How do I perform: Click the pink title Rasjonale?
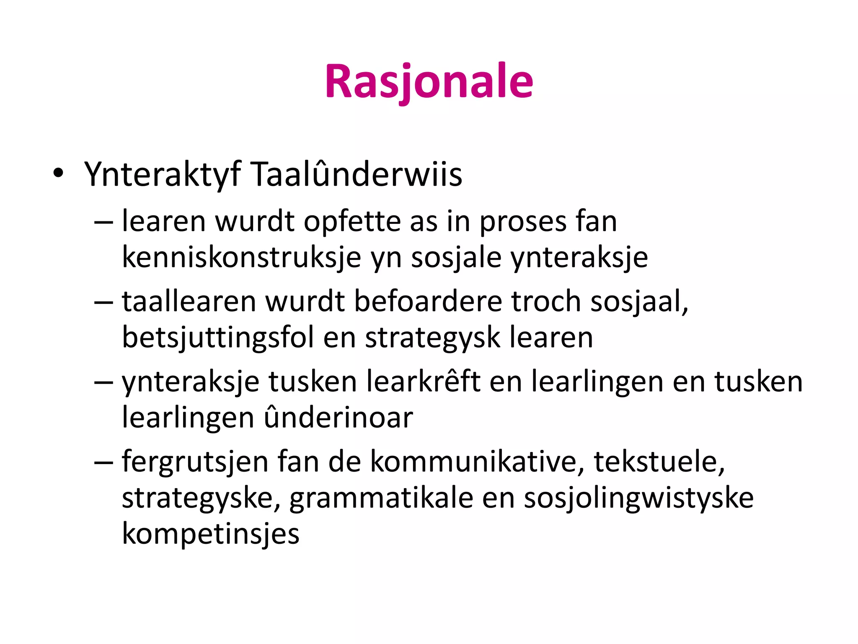click(429, 81)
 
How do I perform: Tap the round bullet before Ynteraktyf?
click(58, 173)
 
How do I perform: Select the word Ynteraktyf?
click(163, 174)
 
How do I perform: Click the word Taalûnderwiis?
click(357, 174)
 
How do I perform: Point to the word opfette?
click(352, 221)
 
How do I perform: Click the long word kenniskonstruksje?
click(241, 257)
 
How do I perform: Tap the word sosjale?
click(456, 257)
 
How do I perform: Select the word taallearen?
click(189, 301)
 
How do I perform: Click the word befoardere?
click(428, 301)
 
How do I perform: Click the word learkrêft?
click(423, 382)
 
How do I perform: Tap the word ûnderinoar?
click(339, 418)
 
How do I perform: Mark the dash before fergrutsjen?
click(103, 462)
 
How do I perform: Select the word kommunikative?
click(477, 462)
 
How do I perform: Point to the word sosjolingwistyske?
click(638, 499)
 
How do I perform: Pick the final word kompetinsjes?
click(211, 534)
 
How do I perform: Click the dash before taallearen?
click(103, 302)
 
